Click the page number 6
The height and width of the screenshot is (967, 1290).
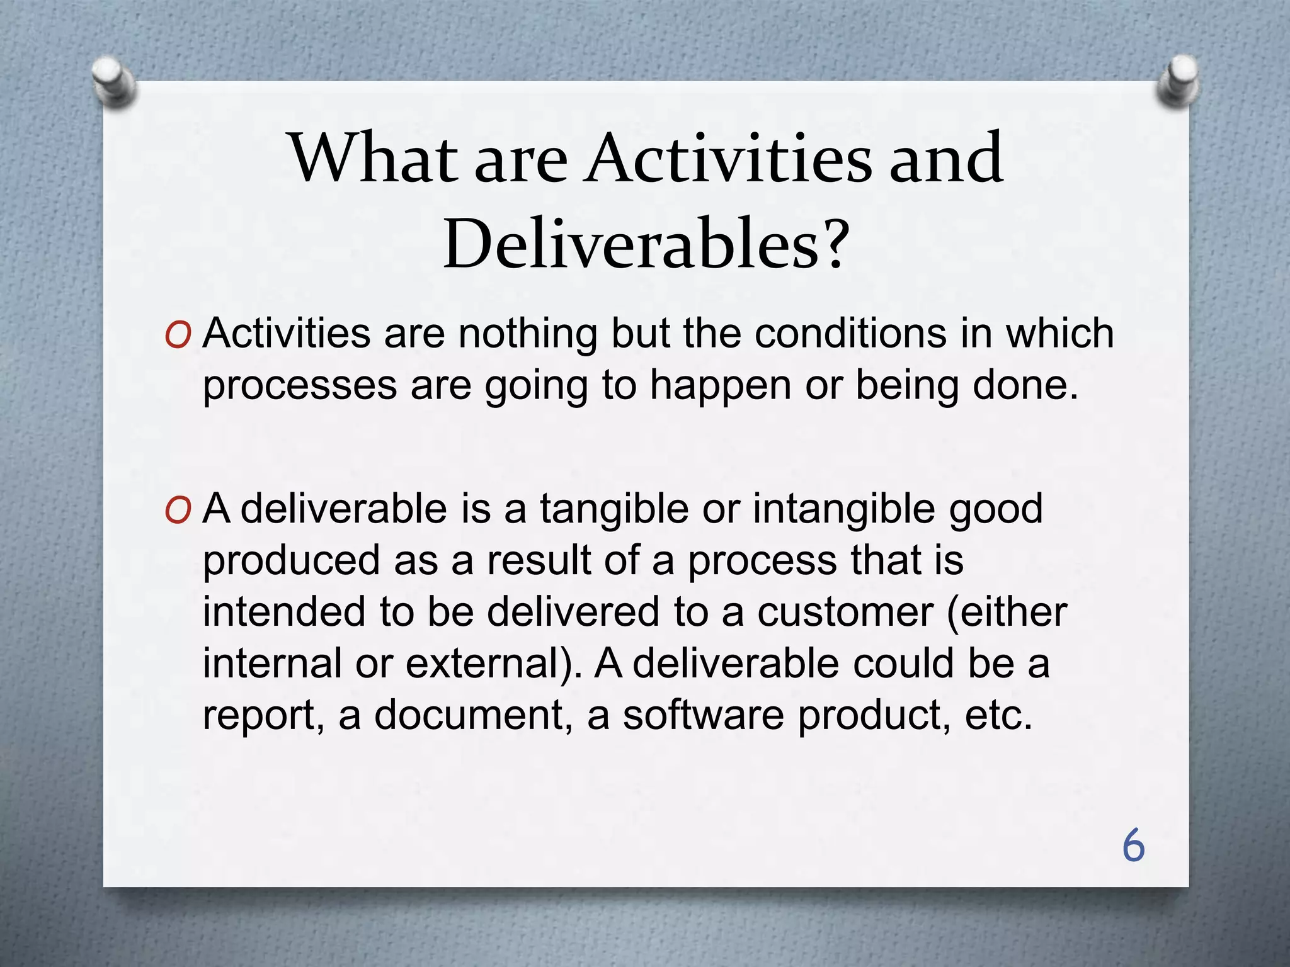point(1133,845)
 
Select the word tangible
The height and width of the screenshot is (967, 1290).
point(614,508)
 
